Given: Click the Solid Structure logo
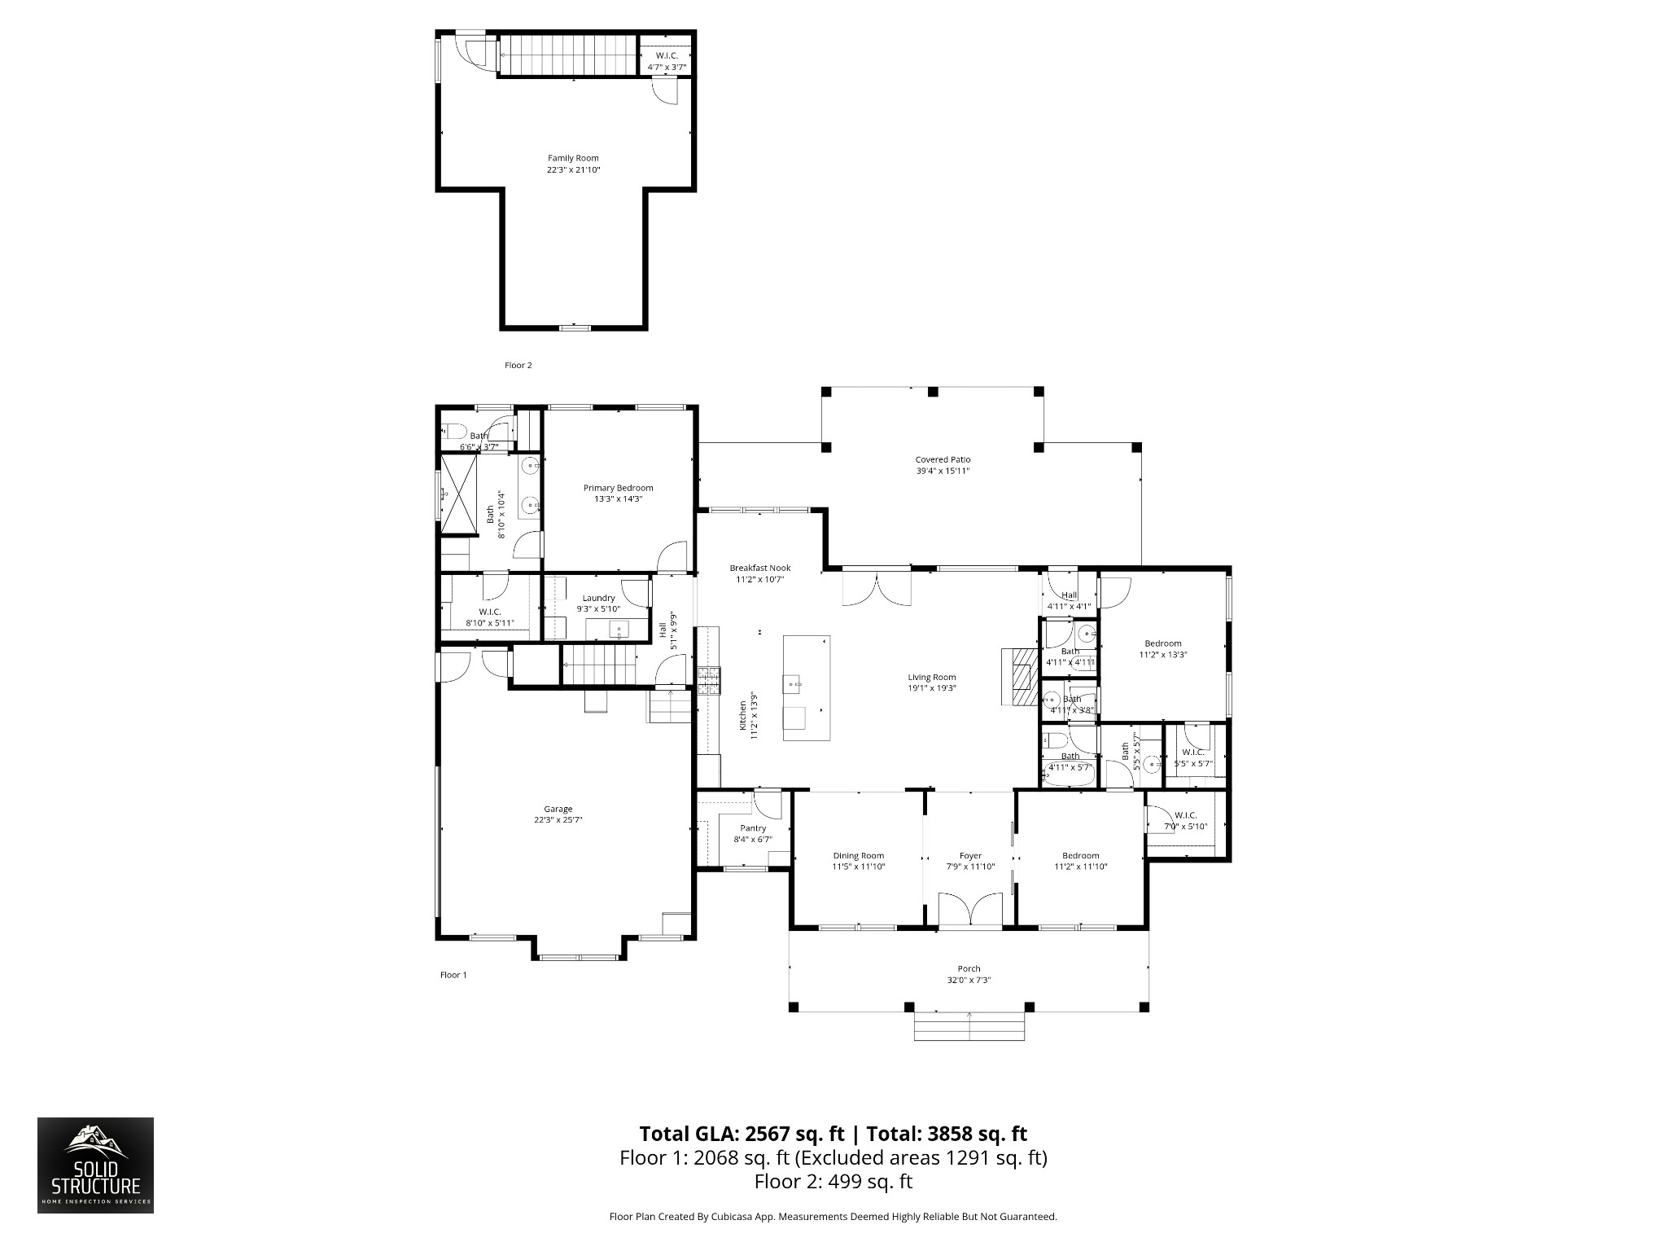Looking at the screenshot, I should pos(95,1176).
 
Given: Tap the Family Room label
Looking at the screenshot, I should pos(573,159).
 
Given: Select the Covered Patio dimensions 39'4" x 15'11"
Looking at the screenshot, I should pos(943,472).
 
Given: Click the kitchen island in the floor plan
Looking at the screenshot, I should pos(806,687).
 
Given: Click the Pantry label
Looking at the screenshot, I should pos(753,828).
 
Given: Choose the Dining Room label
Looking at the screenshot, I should pos(858,856).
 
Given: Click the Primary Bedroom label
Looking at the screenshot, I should pos(618,488).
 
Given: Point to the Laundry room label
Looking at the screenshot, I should pos(598,598).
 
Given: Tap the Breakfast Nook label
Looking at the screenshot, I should pos(759,568).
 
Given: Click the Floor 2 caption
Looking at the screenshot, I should pos(518,366).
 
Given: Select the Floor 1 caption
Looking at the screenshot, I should pos(453,975).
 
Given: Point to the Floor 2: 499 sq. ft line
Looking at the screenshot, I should pos(833,1182).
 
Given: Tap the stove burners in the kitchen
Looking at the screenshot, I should pos(708,680).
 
